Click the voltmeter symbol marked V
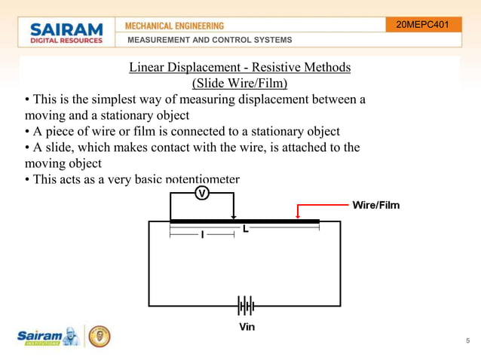(202, 193)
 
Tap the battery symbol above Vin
(246, 307)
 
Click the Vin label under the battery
(247, 327)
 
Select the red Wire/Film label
(376, 205)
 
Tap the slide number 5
(467, 341)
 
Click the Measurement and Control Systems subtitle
(210, 40)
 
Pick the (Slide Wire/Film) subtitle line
(240, 83)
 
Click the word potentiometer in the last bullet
(202, 179)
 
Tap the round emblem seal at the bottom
(99, 337)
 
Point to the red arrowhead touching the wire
(299, 217)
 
